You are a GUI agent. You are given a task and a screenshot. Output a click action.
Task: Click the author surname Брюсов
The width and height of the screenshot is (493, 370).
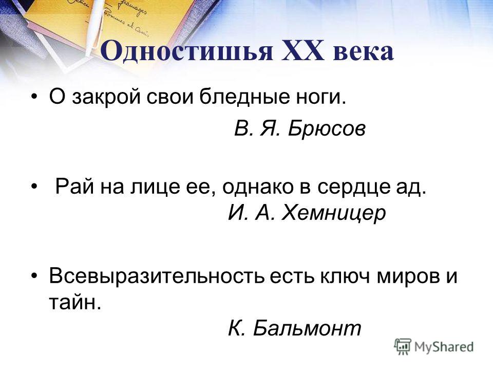tap(327, 128)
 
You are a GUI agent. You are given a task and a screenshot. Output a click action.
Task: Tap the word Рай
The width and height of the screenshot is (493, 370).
tap(74, 187)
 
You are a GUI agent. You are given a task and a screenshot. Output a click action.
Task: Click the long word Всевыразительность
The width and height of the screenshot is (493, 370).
tap(156, 276)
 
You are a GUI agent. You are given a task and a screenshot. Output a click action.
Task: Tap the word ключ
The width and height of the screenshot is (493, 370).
tap(345, 276)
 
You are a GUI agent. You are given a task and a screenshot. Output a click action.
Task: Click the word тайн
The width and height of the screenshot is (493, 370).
tap(75, 303)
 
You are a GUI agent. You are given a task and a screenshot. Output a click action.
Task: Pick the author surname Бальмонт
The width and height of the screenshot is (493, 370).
tap(307, 328)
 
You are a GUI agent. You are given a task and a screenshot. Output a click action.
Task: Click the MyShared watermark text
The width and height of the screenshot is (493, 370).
tap(444, 347)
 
